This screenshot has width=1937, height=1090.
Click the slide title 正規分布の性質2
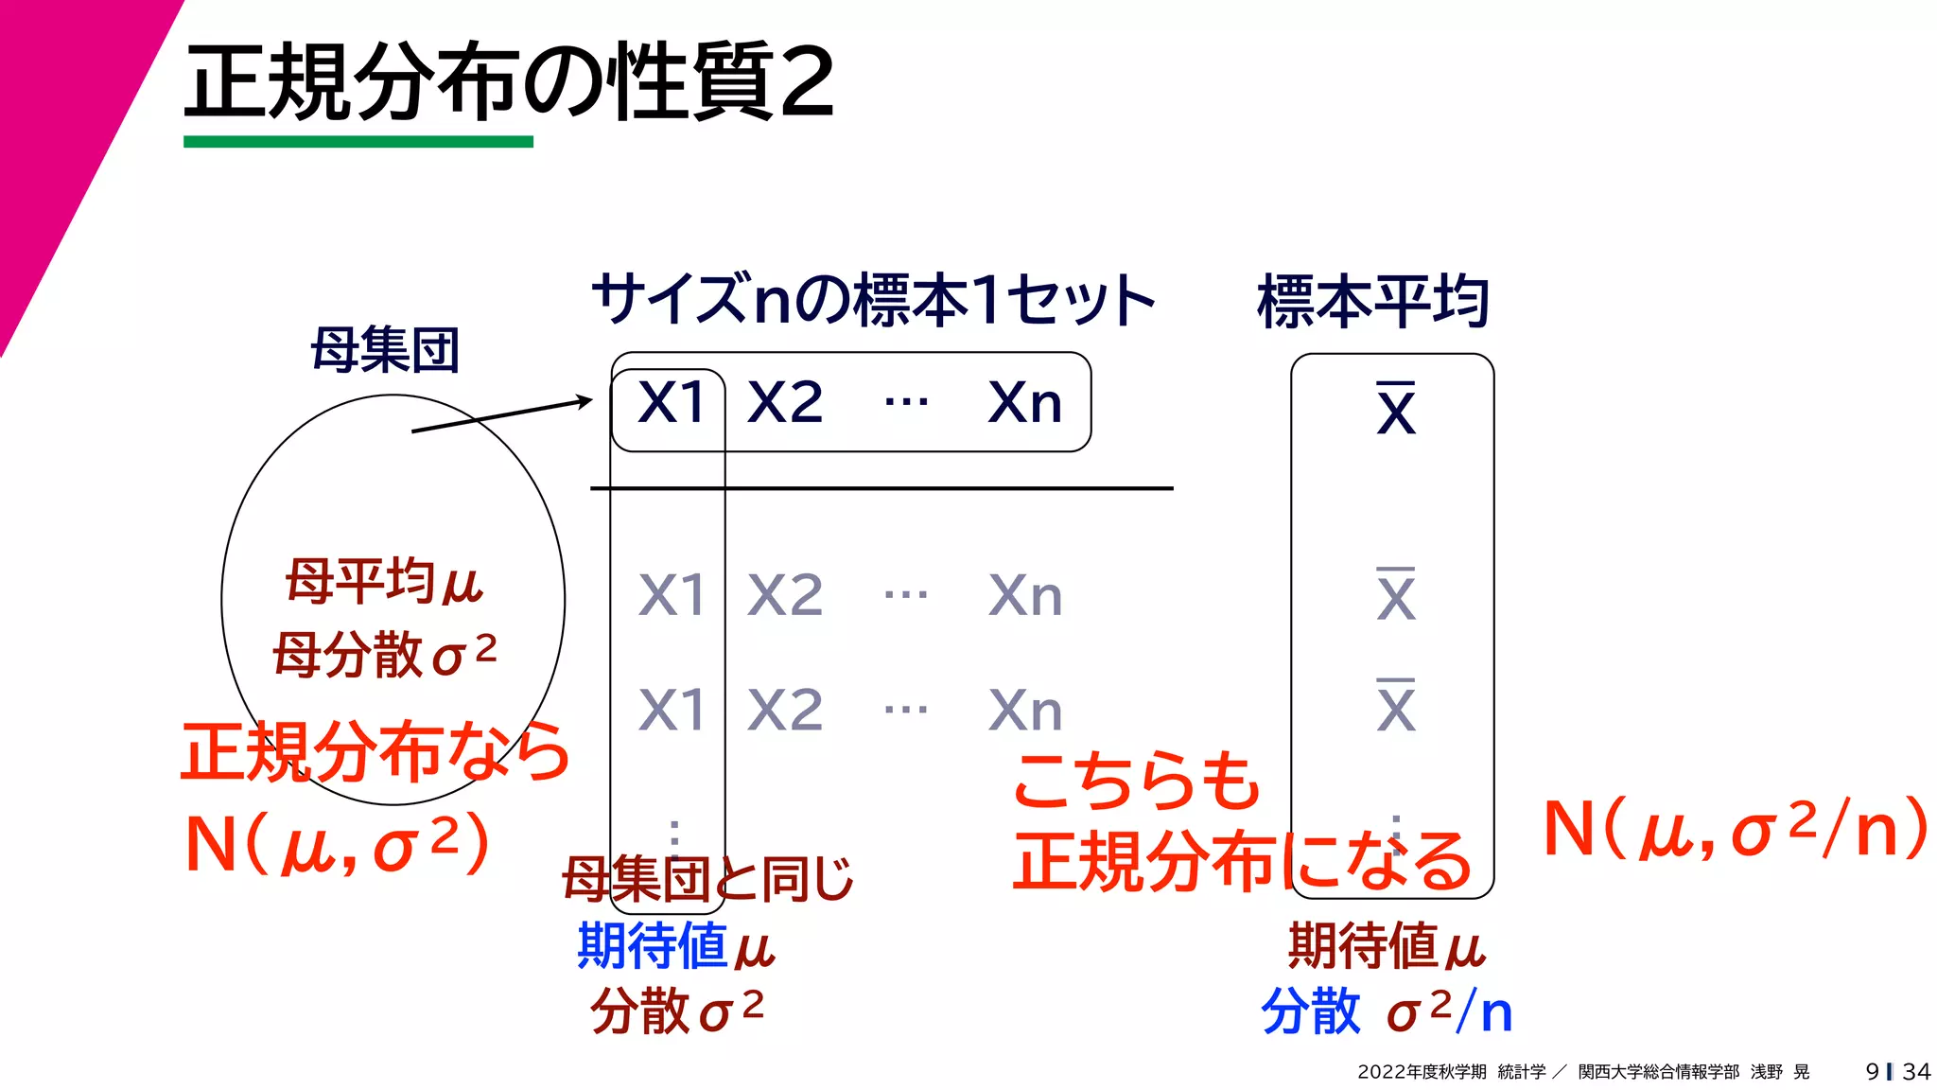click(x=509, y=82)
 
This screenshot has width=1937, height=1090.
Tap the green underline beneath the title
click(x=358, y=142)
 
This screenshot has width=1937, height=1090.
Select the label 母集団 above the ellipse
click(x=385, y=350)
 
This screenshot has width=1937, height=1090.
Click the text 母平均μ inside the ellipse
click(x=384, y=581)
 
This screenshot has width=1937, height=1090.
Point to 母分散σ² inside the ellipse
click(x=384, y=654)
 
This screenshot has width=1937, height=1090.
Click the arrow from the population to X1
click(x=501, y=416)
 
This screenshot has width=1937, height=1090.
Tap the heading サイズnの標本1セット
click(x=873, y=300)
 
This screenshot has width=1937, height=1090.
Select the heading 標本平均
click(x=1373, y=302)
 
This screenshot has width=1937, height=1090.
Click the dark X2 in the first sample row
click(x=785, y=403)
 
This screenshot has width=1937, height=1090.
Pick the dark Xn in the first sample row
click(x=1025, y=403)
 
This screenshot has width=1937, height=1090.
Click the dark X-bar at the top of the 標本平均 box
click(x=1396, y=410)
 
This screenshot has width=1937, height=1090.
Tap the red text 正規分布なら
click(x=375, y=752)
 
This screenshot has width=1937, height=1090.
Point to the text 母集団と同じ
click(x=707, y=879)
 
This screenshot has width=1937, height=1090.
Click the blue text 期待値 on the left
click(x=639, y=945)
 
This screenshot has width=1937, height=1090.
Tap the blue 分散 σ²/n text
click(x=1387, y=1011)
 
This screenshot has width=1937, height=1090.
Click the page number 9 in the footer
click(x=1872, y=1072)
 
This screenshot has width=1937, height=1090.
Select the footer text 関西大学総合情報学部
click(x=1659, y=1072)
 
